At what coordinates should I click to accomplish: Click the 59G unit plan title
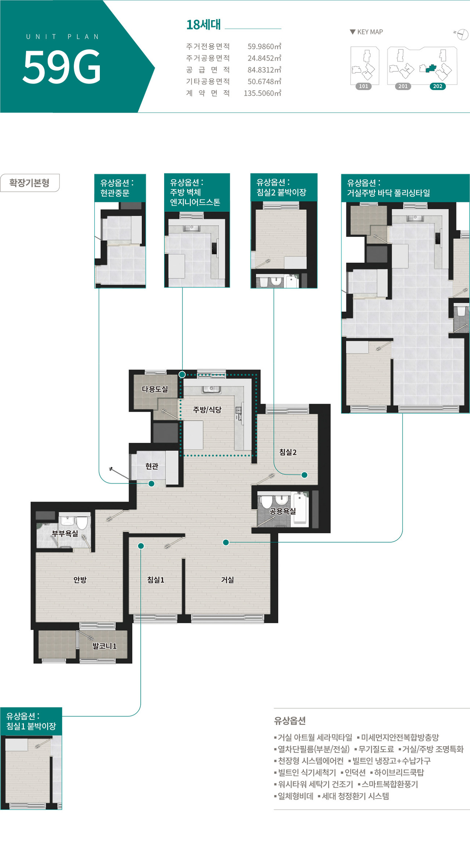click(62, 66)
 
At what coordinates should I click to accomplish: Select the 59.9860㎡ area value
click(264, 46)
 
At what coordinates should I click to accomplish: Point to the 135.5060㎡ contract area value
click(263, 93)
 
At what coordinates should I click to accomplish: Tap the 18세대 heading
click(203, 25)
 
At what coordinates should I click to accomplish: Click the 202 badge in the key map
click(438, 86)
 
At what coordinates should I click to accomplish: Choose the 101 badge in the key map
click(364, 86)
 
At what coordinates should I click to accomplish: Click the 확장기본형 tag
click(29, 183)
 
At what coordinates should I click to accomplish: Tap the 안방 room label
click(80, 580)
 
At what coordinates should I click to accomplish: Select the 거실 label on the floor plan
click(227, 580)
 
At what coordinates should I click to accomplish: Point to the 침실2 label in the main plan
click(288, 452)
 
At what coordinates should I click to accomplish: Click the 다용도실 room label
click(155, 389)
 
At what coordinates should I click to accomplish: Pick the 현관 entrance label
click(152, 466)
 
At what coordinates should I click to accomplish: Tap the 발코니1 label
click(104, 646)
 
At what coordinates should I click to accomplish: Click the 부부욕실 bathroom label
click(65, 533)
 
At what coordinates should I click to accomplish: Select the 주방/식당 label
click(207, 410)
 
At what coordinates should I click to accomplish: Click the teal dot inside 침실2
click(304, 475)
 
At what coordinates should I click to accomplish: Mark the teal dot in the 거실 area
click(226, 542)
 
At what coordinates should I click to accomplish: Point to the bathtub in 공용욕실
click(301, 509)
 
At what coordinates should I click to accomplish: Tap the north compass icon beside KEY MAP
click(463, 35)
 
